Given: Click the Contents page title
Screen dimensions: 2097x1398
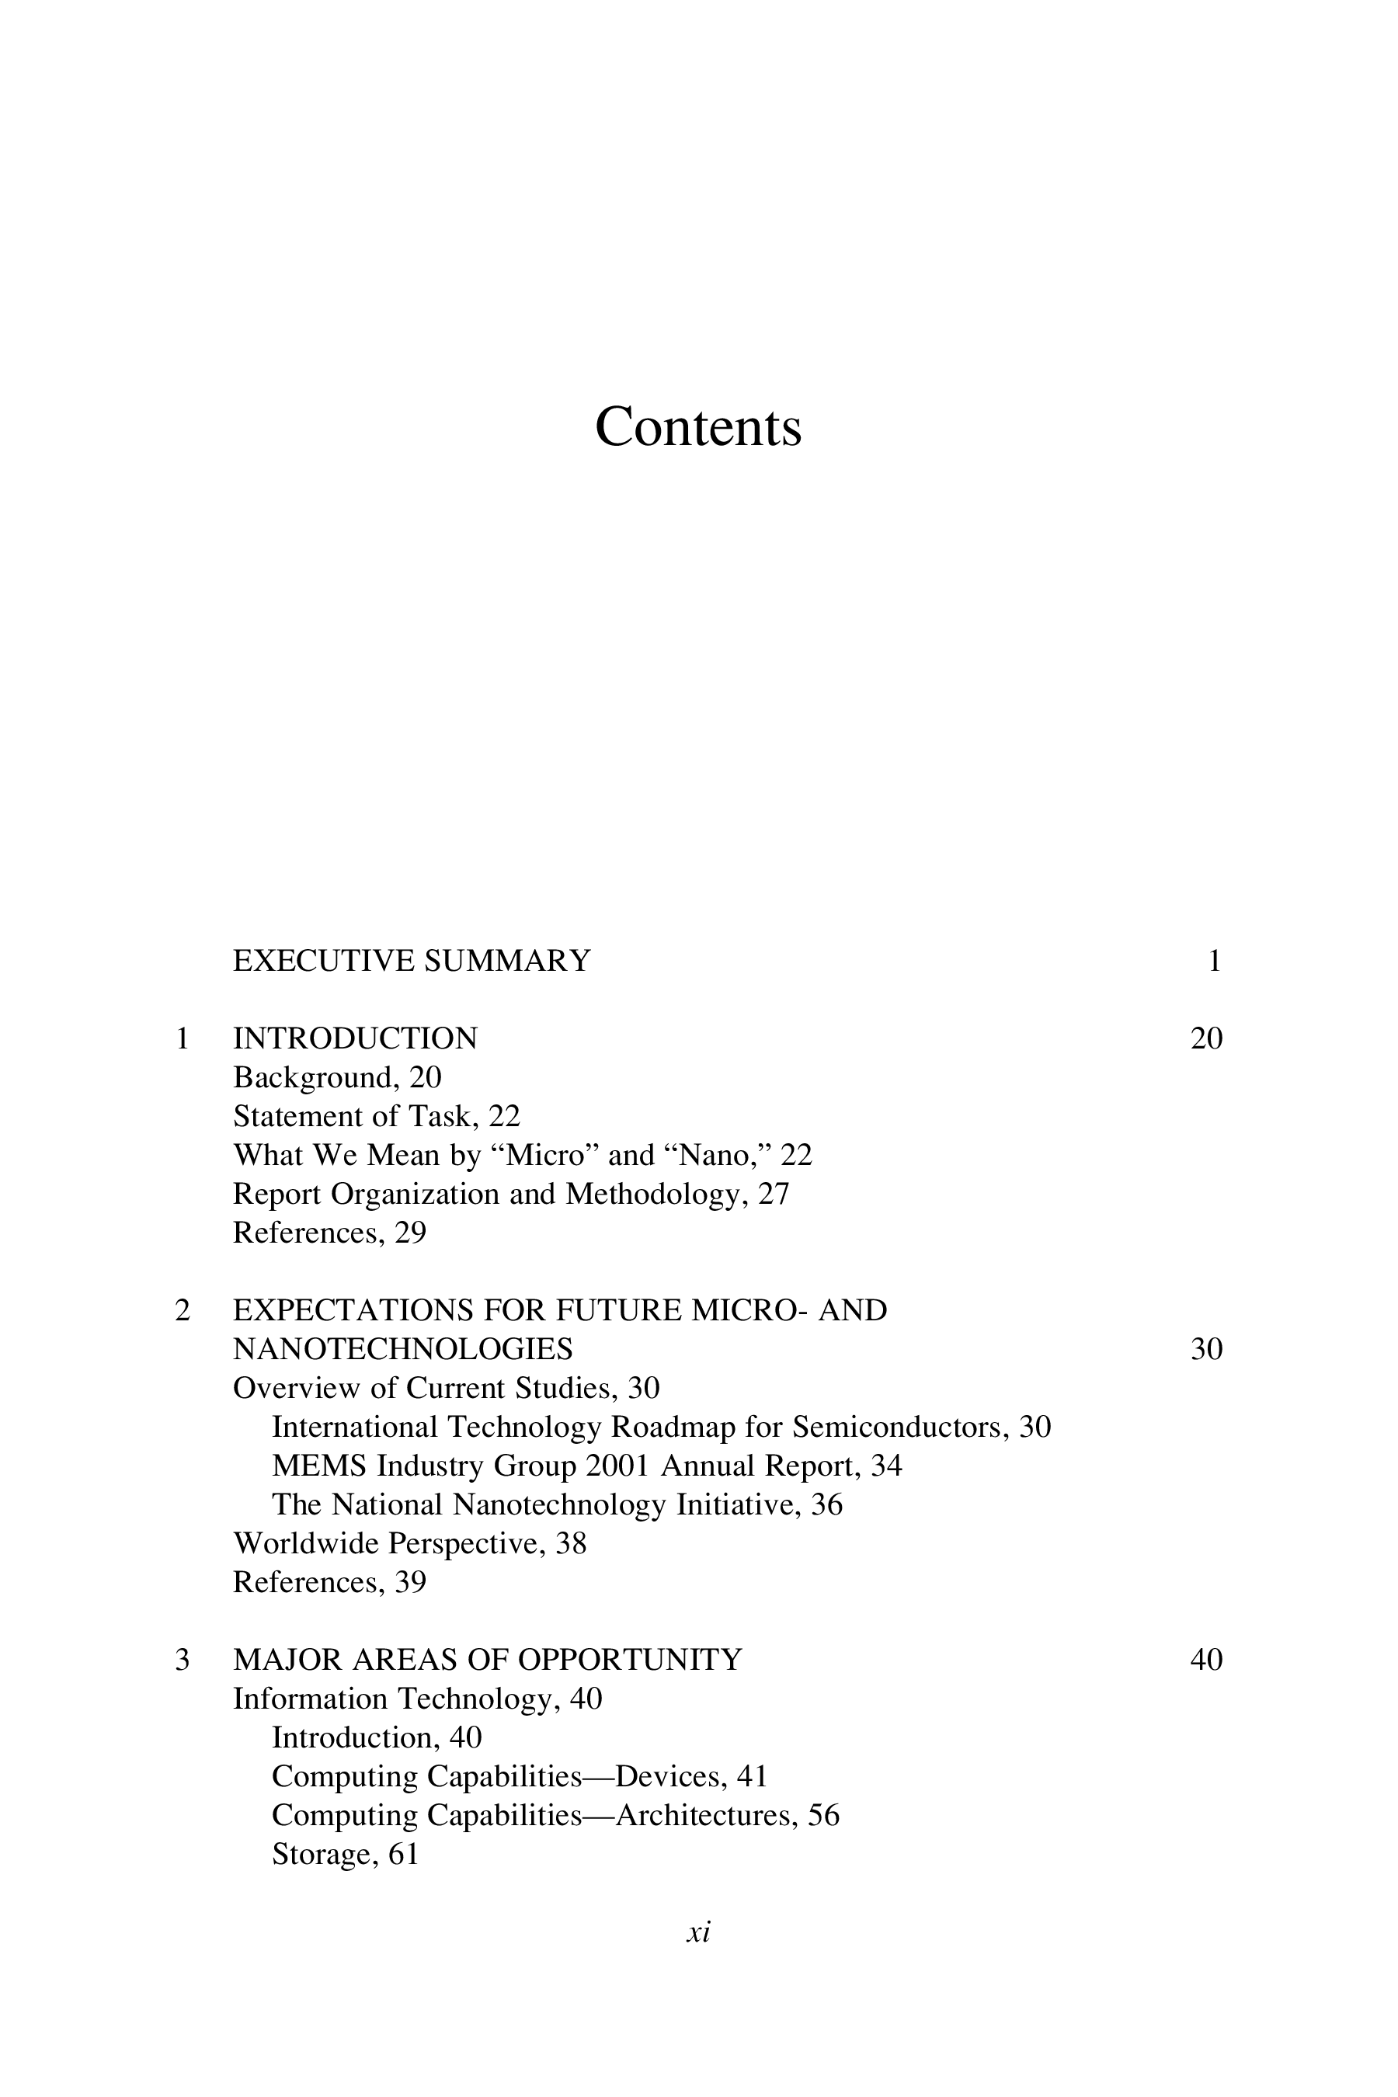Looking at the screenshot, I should pyautogui.click(x=698, y=427).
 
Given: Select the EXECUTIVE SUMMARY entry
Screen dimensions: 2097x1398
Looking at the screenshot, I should pyautogui.click(x=411, y=962).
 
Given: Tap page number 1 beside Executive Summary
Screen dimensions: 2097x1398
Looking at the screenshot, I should pyautogui.click(x=1213, y=962).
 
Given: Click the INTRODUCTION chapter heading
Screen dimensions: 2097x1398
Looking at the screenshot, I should pyautogui.click(x=355, y=1038).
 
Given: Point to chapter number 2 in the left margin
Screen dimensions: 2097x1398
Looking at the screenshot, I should pyautogui.click(x=183, y=1311).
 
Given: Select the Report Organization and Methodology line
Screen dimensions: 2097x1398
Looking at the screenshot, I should pyautogui.click(x=511, y=1194).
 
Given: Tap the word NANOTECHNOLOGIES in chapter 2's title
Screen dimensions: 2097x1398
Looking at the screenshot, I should pyautogui.click(x=403, y=1350).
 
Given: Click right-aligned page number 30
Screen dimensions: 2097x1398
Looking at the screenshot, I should pyautogui.click(x=1206, y=1350).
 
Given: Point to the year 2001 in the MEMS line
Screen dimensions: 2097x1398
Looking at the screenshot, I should pyautogui.click(x=617, y=1466).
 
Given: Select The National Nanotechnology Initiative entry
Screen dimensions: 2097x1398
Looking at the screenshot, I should pyautogui.click(x=556, y=1505).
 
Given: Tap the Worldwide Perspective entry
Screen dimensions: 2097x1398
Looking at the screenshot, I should pyautogui.click(x=409, y=1543).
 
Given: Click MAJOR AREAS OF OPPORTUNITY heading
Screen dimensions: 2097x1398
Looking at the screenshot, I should pyautogui.click(x=487, y=1661).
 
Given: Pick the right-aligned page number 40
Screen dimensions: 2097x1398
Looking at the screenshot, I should pyautogui.click(x=1206, y=1661).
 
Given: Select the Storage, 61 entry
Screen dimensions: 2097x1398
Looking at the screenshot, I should pyautogui.click(x=345, y=1855).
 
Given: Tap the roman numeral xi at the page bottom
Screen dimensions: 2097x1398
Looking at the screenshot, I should pyautogui.click(x=698, y=1933).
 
